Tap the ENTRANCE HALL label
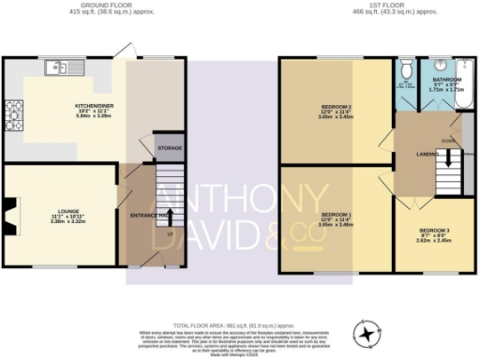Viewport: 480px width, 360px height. tap(147, 216)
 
